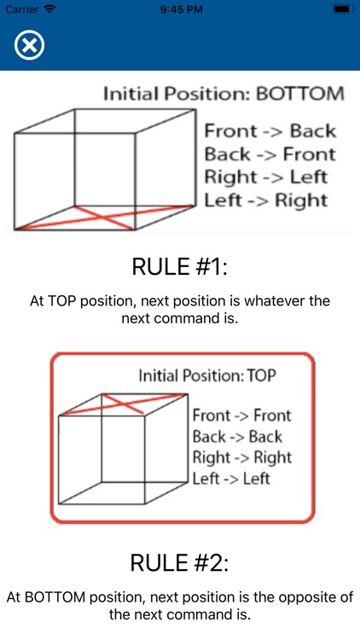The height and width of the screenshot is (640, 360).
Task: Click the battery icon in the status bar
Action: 343,9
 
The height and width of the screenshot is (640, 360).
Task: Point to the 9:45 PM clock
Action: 180,9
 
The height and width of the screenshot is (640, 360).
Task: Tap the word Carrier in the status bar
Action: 21,9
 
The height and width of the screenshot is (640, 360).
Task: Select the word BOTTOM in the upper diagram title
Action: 303,93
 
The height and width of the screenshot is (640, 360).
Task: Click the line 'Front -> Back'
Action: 270,131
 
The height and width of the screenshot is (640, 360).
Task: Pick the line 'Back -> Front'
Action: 270,154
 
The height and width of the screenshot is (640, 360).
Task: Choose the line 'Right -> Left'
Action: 265,177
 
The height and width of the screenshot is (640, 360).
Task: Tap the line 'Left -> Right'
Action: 265,201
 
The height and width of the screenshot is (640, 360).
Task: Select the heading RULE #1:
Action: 180,266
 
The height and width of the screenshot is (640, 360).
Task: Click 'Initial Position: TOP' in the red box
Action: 208,375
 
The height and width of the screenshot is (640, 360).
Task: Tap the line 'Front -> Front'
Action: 242,416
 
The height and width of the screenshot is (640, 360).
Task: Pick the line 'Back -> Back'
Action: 236,437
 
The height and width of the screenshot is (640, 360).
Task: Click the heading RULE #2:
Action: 180,563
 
